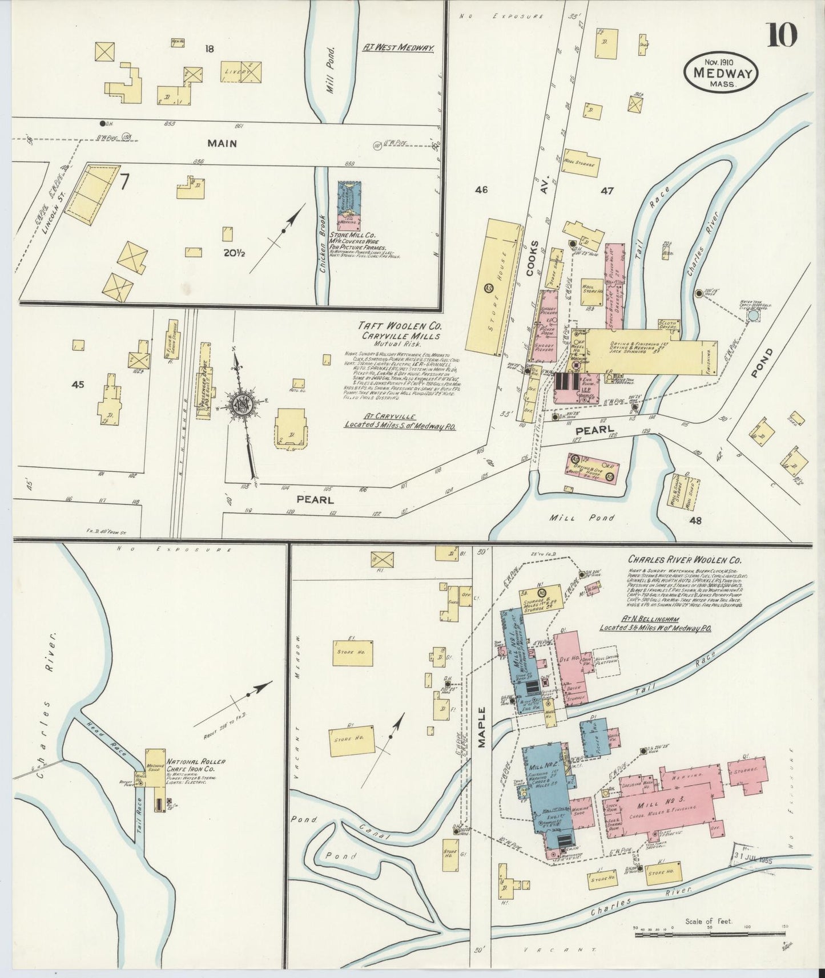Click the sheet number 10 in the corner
point(782,35)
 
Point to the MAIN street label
point(222,144)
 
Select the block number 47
point(606,191)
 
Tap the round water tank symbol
point(754,315)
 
